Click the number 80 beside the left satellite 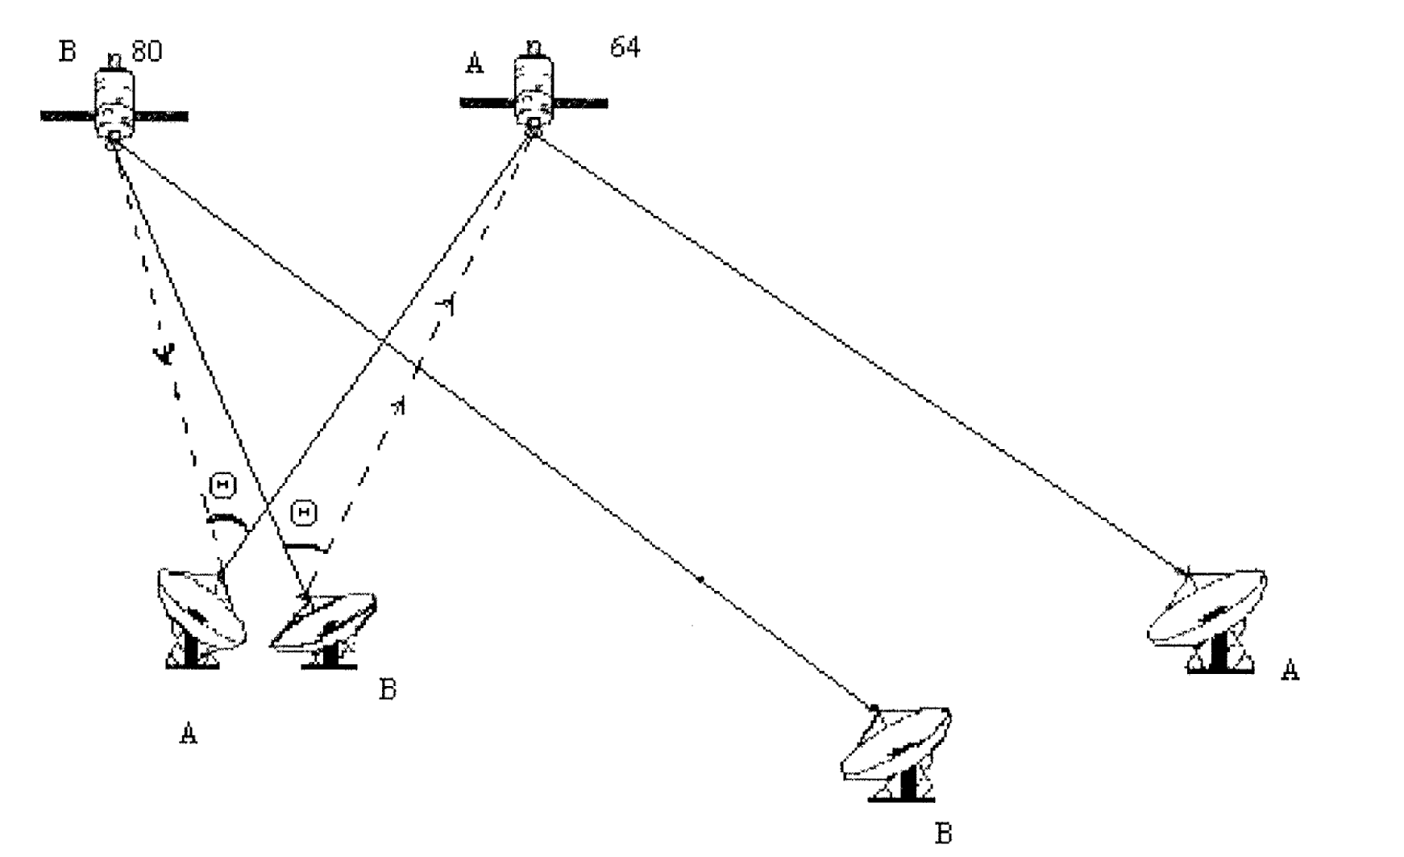(146, 52)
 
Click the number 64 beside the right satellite (625, 48)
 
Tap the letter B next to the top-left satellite (67, 51)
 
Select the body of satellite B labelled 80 (114, 101)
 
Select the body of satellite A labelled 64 (534, 90)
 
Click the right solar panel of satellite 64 (580, 103)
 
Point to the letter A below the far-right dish (1290, 671)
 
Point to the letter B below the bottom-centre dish (942, 833)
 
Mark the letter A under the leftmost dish (188, 734)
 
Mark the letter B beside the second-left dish (388, 690)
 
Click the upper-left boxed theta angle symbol (222, 485)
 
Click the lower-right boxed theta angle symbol (303, 513)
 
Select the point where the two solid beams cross (383, 343)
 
